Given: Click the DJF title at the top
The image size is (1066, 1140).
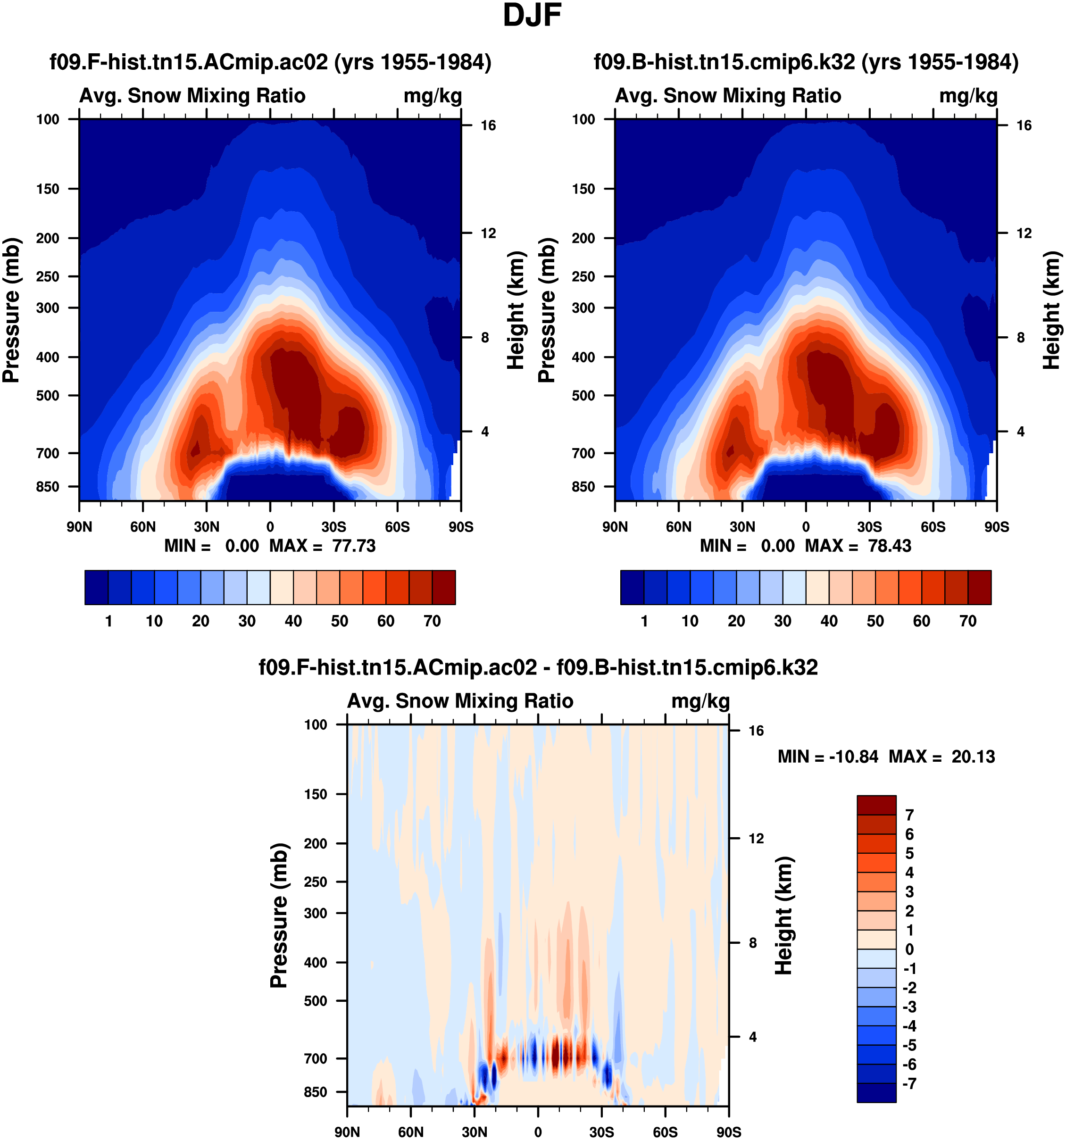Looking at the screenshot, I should pyautogui.click(x=532, y=16).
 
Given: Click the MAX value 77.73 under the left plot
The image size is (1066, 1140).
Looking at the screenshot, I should pyautogui.click(x=354, y=546).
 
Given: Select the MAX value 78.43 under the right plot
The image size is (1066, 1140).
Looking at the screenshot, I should pyautogui.click(x=890, y=546).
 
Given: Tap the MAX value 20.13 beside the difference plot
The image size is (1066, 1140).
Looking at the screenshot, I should pyautogui.click(x=973, y=757).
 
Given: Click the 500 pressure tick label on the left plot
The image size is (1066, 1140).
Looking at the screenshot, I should pyautogui.click(x=48, y=396).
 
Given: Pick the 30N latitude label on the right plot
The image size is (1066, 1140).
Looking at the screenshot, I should pyautogui.click(x=742, y=527).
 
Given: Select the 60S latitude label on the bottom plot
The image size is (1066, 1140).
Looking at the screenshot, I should pyautogui.click(x=665, y=1132).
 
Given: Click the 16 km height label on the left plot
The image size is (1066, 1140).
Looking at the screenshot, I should pyautogui.click(x=488, y=125).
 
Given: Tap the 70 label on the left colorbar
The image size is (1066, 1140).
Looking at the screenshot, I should pyautogui.click(x=432, y=621).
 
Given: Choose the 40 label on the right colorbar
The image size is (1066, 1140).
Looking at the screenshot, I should pyautogui.click(x=829, y=621).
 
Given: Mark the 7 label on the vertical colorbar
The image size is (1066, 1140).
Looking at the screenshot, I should pyautogui.click(x=909, y=815).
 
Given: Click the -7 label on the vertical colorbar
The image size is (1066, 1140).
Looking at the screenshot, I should pyautogui.click(x=909, y=1084).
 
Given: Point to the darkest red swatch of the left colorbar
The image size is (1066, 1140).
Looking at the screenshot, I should pyautogui.click(x=444, y=587).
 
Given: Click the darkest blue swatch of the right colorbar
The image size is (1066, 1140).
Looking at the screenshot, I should pyautogui.click(x=632, y=587).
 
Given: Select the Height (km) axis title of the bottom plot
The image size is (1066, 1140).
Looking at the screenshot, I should pyautogui.click(x=783, y=916).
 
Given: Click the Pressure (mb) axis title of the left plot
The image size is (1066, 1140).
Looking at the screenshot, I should pyautogui.click(x=11, y=310).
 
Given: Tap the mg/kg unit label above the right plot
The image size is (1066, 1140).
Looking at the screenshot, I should pyautogui.click(x=968, y=96).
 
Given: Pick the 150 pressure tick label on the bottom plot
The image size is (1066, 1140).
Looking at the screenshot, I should pyautogui.click(x=316, y=794).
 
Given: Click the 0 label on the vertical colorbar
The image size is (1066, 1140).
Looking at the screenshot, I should pyautogui.click(x=909, y=949).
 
